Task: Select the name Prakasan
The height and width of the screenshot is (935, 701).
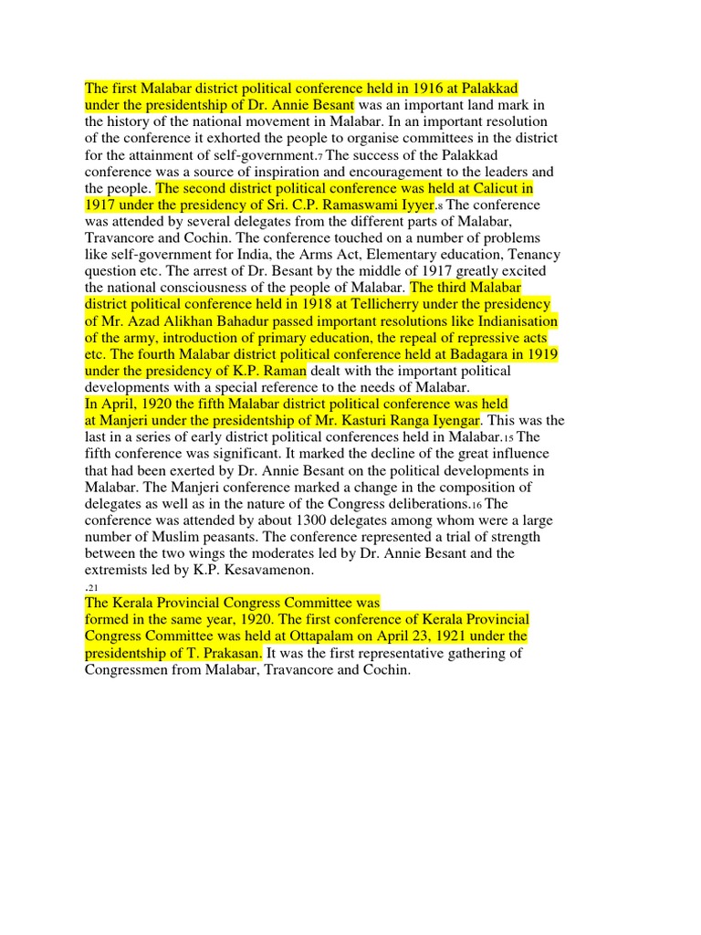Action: pos(229,653)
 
